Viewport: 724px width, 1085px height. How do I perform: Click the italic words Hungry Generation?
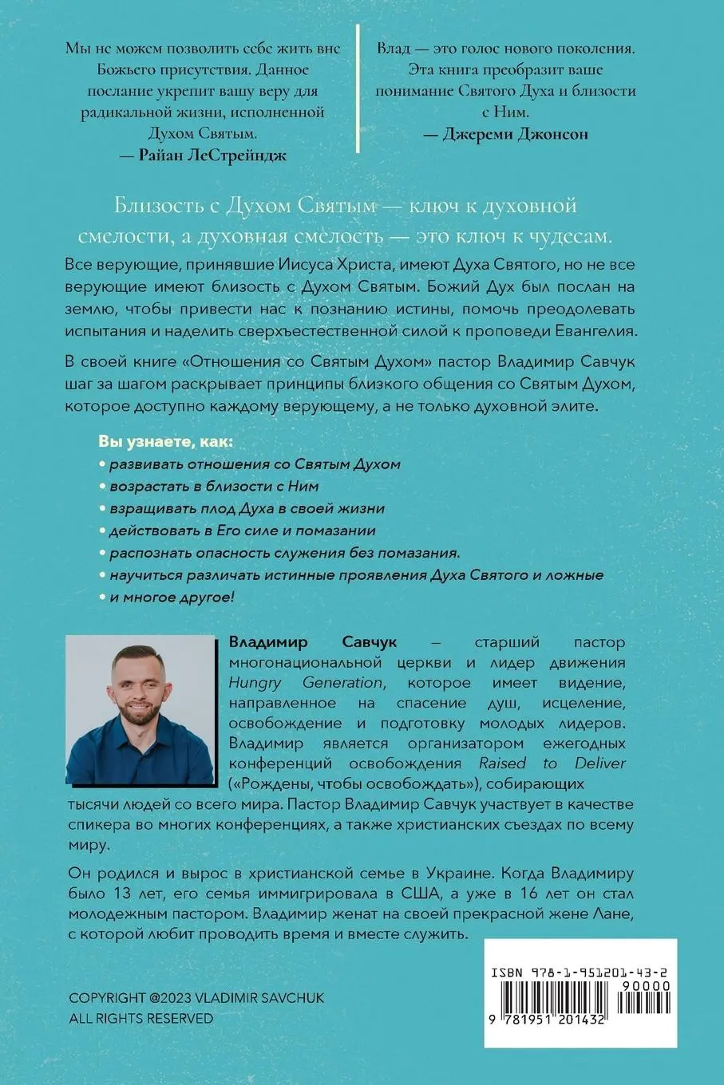point(306,682)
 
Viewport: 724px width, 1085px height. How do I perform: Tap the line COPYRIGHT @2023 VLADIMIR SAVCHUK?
point(196,999)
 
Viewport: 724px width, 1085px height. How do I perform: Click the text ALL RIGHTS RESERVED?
point(141,1018)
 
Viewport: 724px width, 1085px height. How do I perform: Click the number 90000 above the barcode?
point(650,986)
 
